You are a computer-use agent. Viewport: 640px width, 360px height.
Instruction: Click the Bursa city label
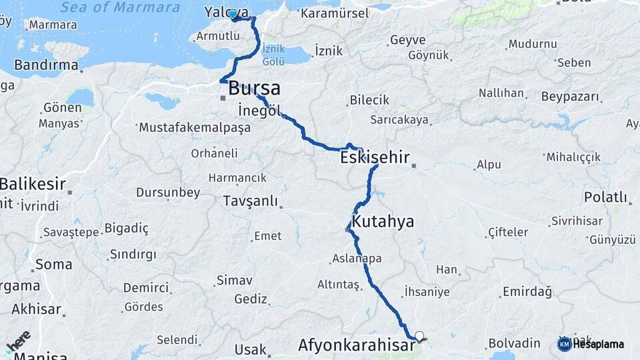pyautogui.click(x=254, y=88)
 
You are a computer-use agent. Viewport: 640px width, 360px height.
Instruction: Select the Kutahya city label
pyautogui.click(x=383, y=221)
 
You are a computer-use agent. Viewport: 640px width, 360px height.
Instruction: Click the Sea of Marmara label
pyautogui.click(x=120, y=8)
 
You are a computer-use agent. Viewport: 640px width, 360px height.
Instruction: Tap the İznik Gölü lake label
pyautogui.click(x=273, y=55)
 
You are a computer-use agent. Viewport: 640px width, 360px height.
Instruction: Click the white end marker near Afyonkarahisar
pyautogui.click(x=419, y=336)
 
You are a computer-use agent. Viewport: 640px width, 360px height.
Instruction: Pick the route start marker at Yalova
pyautogui.click(x=233, y=14)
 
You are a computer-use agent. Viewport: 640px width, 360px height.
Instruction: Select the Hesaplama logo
pyautogui.click(x=591, y=344)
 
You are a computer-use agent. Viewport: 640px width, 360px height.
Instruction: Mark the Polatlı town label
pyautogui.click(x=605, y=197)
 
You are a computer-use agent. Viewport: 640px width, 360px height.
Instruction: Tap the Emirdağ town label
pyautogui.click(x=527, y=291)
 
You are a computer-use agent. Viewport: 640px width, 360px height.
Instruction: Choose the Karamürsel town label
pyautogui.click(x=334, y=13)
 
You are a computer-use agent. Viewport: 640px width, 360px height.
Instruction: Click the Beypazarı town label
pyautogui.click(x=570, y=97)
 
